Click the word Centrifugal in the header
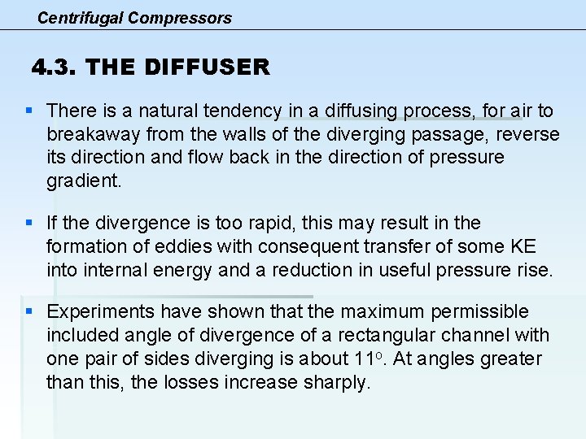coord(80,17)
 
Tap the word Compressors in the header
coord(180,17)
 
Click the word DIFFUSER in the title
coord(207,67)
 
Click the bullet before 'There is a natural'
coord(29,110)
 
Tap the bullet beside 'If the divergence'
coord(29,223)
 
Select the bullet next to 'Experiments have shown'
coord(29,311)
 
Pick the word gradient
coord(83,181)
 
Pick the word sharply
coord(335,382)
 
